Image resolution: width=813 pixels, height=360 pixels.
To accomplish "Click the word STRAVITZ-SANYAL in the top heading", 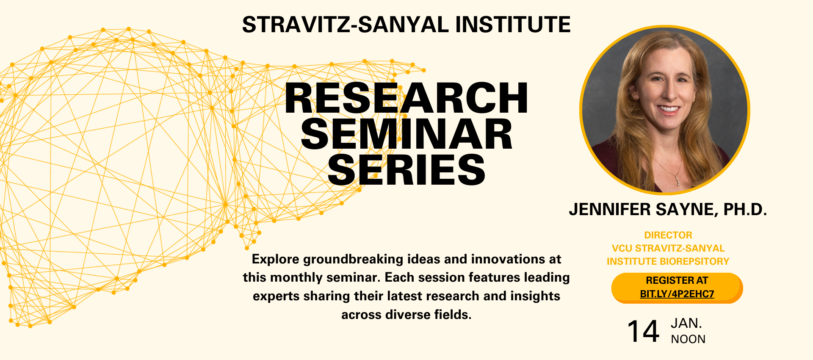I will coord(345,25).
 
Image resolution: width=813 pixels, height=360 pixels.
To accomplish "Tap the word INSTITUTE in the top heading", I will coord(513,25).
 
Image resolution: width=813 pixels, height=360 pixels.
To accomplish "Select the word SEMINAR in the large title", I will coord(406,135).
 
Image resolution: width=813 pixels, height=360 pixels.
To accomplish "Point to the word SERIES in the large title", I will coord(406,170).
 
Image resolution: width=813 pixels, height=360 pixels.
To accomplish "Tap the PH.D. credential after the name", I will coord(745,210).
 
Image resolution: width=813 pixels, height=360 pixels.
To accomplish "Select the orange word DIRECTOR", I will coord(668,235).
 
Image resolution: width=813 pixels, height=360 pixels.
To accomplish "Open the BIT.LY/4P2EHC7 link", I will coord(677,294).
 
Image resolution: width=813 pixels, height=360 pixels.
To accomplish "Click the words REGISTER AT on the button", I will coord(677,280).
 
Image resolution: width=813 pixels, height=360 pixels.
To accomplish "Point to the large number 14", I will coord(643,331).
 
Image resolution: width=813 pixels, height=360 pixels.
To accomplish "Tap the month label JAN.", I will coord(686,323).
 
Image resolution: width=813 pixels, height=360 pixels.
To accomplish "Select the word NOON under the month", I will coord(688,339).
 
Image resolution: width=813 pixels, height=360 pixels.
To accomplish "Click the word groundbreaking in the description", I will coord(353,259).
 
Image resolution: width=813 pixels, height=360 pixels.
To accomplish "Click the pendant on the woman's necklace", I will coord(677,181).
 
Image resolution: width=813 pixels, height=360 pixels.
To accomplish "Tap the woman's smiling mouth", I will coord(668,110).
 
